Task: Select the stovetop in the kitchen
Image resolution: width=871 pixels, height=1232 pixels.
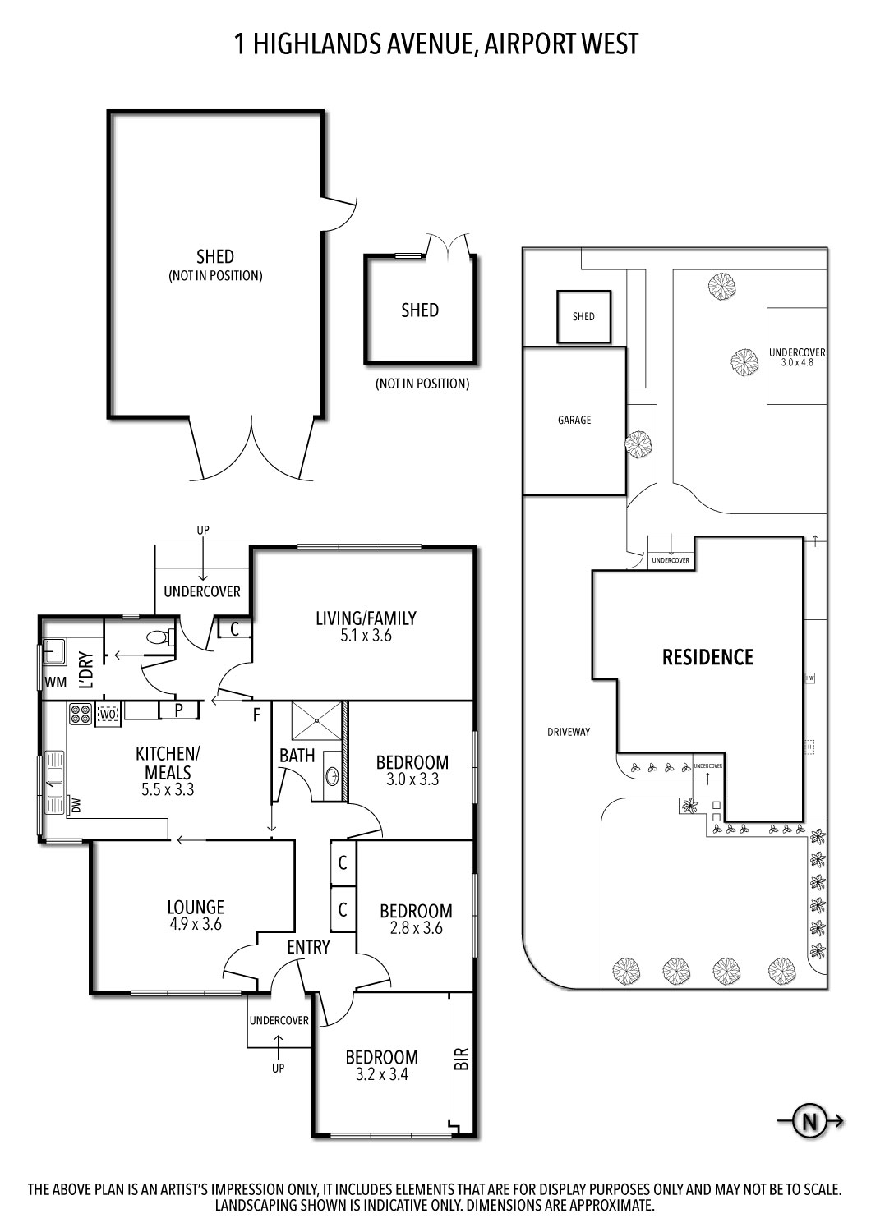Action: [81, 714]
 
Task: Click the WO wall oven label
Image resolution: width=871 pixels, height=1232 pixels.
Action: [108, 715]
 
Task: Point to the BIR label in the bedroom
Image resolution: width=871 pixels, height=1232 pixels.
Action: [461, 1058]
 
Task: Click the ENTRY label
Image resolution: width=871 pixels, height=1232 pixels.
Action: [308, 947]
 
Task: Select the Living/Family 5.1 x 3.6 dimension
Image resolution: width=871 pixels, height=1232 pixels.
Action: [366, 635]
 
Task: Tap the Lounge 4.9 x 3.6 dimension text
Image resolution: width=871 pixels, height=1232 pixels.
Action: [196, 924]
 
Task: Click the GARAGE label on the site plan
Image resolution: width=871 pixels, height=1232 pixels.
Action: [574, 421]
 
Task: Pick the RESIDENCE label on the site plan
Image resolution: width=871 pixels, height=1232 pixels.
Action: [707, 657]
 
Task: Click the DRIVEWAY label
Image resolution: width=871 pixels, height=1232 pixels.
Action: [569, 732]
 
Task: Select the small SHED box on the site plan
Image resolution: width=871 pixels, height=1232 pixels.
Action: [583, 316]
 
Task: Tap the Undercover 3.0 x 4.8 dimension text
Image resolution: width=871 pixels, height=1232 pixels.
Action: [797, 362]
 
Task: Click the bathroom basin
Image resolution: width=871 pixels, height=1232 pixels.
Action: [332, 774]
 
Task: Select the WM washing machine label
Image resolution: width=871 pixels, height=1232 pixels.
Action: [56, 683]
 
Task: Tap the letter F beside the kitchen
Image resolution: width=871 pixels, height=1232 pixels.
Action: [256, 715]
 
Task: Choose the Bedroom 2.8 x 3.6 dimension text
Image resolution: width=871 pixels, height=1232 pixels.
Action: [416, 928]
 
